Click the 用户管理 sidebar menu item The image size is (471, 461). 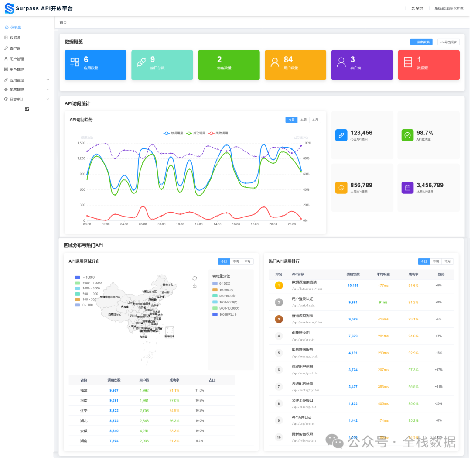17,59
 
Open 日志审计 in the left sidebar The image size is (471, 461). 17,99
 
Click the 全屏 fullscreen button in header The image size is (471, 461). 417,8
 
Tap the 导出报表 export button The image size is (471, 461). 448,42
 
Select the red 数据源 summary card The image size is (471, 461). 429,65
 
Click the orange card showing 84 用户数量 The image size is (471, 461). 295,65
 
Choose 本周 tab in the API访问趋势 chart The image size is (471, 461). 304,120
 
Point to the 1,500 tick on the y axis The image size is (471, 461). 81,143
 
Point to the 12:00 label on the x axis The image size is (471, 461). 198,224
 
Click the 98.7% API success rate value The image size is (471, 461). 425,133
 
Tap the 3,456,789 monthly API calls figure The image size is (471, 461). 430,185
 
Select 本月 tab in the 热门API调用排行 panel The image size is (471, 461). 447,261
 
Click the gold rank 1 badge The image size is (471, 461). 279,286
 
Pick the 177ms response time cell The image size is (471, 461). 383,286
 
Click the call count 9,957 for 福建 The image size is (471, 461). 114,390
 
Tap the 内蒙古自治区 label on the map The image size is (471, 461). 149,291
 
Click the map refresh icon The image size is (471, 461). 195,278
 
